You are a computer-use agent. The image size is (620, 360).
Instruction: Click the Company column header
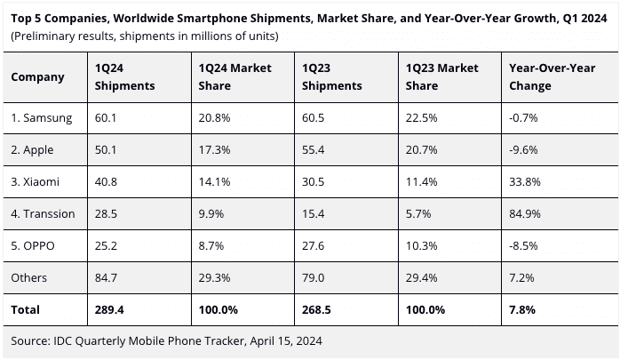[x=37, y=77]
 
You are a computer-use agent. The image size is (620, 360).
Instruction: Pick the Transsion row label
[x=43, y=214]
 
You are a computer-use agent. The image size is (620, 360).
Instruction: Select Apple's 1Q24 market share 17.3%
[x=214, y=149]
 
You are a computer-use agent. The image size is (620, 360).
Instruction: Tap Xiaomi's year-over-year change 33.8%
[x=523, y=182]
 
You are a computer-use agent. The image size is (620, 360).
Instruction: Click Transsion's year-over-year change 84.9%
[x=523, y=214]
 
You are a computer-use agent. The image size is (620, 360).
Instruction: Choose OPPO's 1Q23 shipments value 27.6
[x=314, y=246]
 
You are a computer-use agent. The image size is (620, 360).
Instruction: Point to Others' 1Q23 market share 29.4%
[x=420, y=278]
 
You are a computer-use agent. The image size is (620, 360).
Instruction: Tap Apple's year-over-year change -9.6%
[x=522, y=149]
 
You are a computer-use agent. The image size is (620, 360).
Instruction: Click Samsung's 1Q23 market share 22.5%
[x=420, y=117]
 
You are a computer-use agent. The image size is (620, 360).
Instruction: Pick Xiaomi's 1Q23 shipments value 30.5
[x=314, y=182]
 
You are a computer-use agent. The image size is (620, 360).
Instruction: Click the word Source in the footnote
[x=30, y=340]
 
